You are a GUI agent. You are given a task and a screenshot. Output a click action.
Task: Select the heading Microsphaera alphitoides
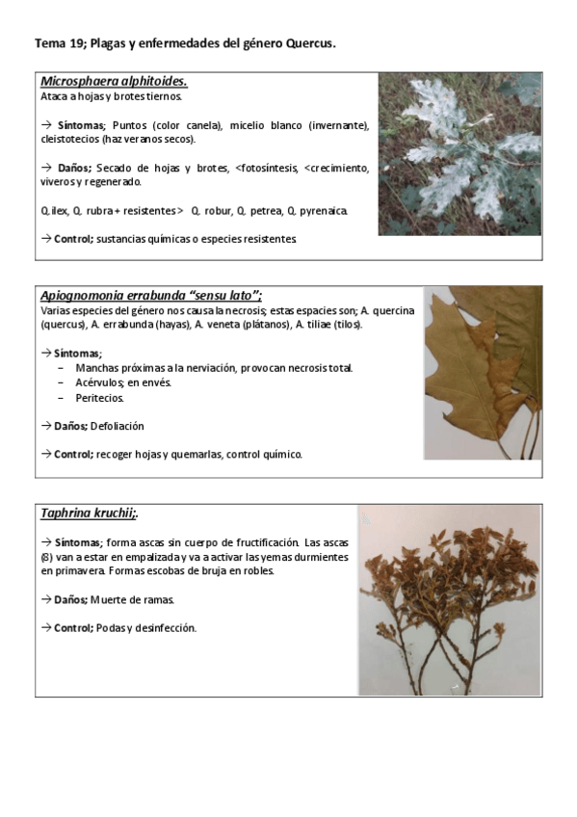114,81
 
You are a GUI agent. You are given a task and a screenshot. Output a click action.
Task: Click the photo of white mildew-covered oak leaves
459,153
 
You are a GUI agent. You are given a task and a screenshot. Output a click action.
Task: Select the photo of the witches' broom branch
449,599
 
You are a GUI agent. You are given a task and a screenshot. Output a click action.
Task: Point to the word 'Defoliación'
118,425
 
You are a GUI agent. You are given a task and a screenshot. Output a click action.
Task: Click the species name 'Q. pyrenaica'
317,209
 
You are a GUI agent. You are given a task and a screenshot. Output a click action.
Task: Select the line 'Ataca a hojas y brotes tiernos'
112,96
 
